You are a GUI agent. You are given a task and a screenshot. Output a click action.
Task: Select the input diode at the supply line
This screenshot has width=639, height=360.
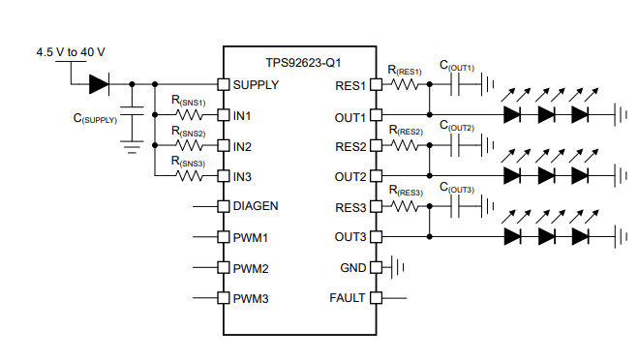(100, 84)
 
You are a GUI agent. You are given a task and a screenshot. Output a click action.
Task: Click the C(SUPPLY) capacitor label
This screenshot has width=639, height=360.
(94, 119)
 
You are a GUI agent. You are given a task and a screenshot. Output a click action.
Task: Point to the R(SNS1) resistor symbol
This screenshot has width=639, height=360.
(188, 116)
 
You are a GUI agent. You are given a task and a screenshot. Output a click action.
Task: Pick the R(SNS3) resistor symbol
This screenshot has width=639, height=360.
(188, 177)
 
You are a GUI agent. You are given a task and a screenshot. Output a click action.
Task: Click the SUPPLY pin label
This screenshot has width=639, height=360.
(256, 84)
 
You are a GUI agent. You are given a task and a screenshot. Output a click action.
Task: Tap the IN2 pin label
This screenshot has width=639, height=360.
(242, 146)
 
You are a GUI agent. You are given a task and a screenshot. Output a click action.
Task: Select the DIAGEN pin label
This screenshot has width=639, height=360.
(257, 206)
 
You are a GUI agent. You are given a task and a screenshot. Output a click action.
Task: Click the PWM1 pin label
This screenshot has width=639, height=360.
(251, 237)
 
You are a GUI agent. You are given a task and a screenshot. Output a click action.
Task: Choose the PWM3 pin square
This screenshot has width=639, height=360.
(222, 297)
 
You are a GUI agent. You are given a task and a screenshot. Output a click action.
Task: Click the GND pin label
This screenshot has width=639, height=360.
(352, 267)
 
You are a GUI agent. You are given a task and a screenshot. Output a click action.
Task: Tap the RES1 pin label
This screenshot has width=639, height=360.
(350, 85)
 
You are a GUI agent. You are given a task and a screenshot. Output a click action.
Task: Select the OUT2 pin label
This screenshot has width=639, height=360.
(350, 176)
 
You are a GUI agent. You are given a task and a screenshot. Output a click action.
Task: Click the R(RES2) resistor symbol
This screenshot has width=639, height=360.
(407, 146)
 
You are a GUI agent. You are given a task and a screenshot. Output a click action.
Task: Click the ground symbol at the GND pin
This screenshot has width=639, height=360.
(394, 267)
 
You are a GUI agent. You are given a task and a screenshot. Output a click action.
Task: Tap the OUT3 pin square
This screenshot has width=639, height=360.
(377, 236)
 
